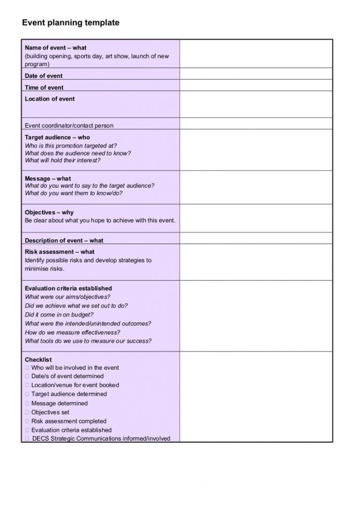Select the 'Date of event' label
44,76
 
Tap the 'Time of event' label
44,88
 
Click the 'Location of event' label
50,99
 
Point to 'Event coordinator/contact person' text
69,126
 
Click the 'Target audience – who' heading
57,138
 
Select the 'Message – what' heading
48,178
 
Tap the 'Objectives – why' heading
49,213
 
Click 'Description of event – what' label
64,241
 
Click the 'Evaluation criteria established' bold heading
68,288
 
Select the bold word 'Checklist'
39,360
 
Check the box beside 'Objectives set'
27,412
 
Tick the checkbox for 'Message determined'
27,404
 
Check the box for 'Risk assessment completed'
27,421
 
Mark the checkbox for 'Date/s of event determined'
27,377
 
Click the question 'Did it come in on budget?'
59,315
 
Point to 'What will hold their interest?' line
63,161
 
